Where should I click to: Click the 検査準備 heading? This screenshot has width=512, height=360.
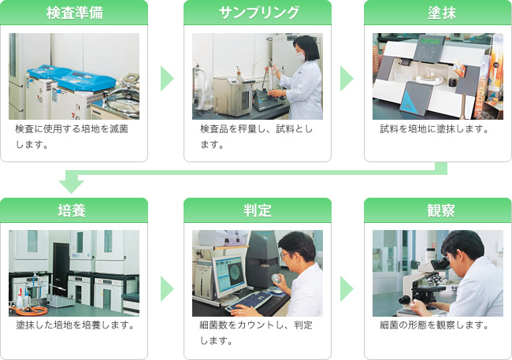click(x=75, y=13)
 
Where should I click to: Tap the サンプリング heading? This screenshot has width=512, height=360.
click(x=258, y=13)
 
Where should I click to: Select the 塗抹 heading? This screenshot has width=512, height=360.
click(x=442, y=13)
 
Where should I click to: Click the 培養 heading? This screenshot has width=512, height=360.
click(x=72, y=210)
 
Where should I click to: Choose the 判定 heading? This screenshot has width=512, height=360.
click(x=258, y=210)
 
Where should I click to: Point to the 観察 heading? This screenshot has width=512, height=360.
click(x=441, y=210)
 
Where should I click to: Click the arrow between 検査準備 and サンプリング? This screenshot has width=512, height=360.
click(x=167, y=79)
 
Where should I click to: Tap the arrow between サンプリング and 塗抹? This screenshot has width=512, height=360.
click(x=347, y=79)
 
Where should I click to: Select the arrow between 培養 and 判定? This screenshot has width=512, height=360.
click(x=167, y=289)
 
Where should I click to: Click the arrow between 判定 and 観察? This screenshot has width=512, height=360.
click(x=347, y=289)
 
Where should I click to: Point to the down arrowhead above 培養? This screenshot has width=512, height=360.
click(x=72, y=186)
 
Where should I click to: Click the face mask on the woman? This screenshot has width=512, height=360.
click(x=301, y=57)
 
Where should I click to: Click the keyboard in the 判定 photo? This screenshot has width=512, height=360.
click(x=249, y=302)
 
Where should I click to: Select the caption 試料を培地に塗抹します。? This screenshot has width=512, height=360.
click(x=435, y=129)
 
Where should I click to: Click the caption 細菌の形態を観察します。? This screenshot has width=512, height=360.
click(x=435, y=325)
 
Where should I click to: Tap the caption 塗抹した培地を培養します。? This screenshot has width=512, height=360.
click(x=76, y=325)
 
